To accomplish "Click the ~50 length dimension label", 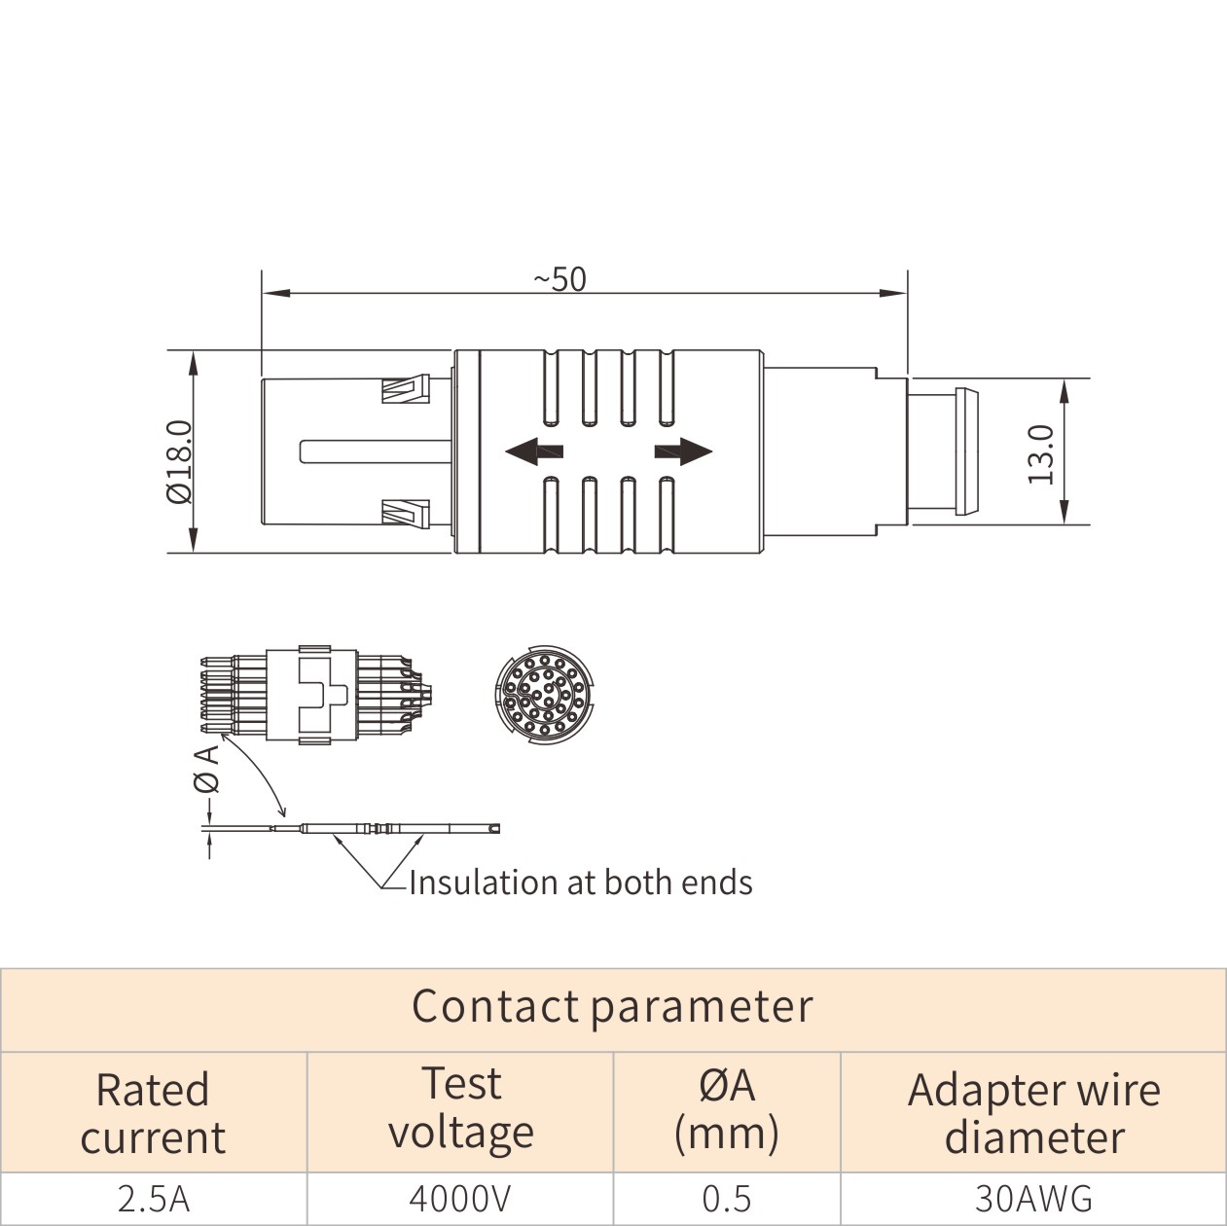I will click(560, 279).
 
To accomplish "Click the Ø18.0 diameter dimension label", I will click(180, 461).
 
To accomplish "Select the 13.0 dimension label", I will click(1041, 453).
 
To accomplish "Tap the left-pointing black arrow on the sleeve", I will click(534, 451).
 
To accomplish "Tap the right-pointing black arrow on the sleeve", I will click(683, 451).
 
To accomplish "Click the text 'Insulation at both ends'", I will click(580, 883).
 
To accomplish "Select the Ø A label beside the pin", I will click(206, 770).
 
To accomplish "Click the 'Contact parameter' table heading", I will click(612, 1006).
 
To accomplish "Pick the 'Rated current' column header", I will click(153, 1113).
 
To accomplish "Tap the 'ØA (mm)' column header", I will click(727, 1109).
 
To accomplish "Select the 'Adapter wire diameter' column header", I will click(1033, 1113).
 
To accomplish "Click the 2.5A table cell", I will click(153, 1199).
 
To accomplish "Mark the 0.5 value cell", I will click(727, 1199).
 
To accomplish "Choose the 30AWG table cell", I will click(1033, 1199).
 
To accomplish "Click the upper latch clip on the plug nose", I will click(404, 390).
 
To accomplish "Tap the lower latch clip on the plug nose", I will click(404, 512).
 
